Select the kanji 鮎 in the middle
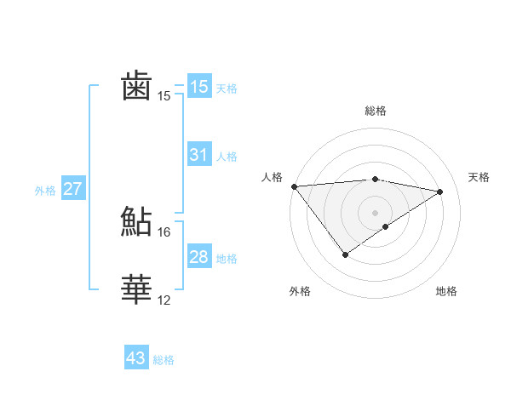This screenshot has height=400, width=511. point(137,221)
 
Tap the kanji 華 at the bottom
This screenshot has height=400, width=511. point(137,289)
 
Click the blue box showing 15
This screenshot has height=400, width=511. point(199,86)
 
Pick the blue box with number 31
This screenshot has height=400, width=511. point(199,155)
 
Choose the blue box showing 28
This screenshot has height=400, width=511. point(199,257)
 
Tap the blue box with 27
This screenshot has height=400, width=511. point(72,189)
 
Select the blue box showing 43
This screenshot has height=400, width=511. point(136,358)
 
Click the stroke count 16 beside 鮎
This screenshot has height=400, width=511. point(164,231)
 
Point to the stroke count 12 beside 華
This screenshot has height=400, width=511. point(164,300)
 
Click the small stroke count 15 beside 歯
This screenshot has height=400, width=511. point(164,95)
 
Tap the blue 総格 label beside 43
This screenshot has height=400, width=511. point(164,360)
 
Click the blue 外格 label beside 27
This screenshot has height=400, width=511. point(45,191)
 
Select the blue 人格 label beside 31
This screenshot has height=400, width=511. point(227,157)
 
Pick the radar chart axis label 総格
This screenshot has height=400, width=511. point(375,111)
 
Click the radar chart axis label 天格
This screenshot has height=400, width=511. point(479,177)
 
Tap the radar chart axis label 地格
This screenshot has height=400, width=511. point(446,291)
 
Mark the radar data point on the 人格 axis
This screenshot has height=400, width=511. point(294,186)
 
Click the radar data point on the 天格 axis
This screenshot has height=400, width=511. point(440,191)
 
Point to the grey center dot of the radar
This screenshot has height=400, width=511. point(375,212)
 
